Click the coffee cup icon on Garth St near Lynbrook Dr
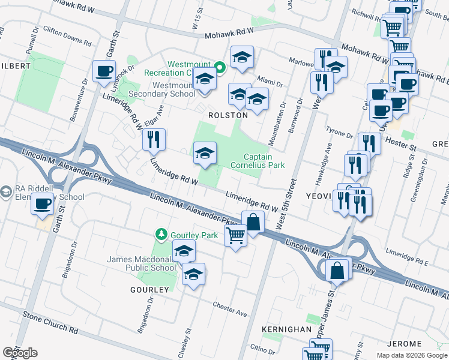(104, 71)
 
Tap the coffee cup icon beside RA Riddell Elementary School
(42, 203)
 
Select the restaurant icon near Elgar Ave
(154, 139)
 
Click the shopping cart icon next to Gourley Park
(235, 235)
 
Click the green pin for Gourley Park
(160, 233)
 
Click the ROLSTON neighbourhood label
(228, 115)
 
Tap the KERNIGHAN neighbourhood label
(286, 330)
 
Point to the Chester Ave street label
(229, 309)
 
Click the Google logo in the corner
(19, 352)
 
